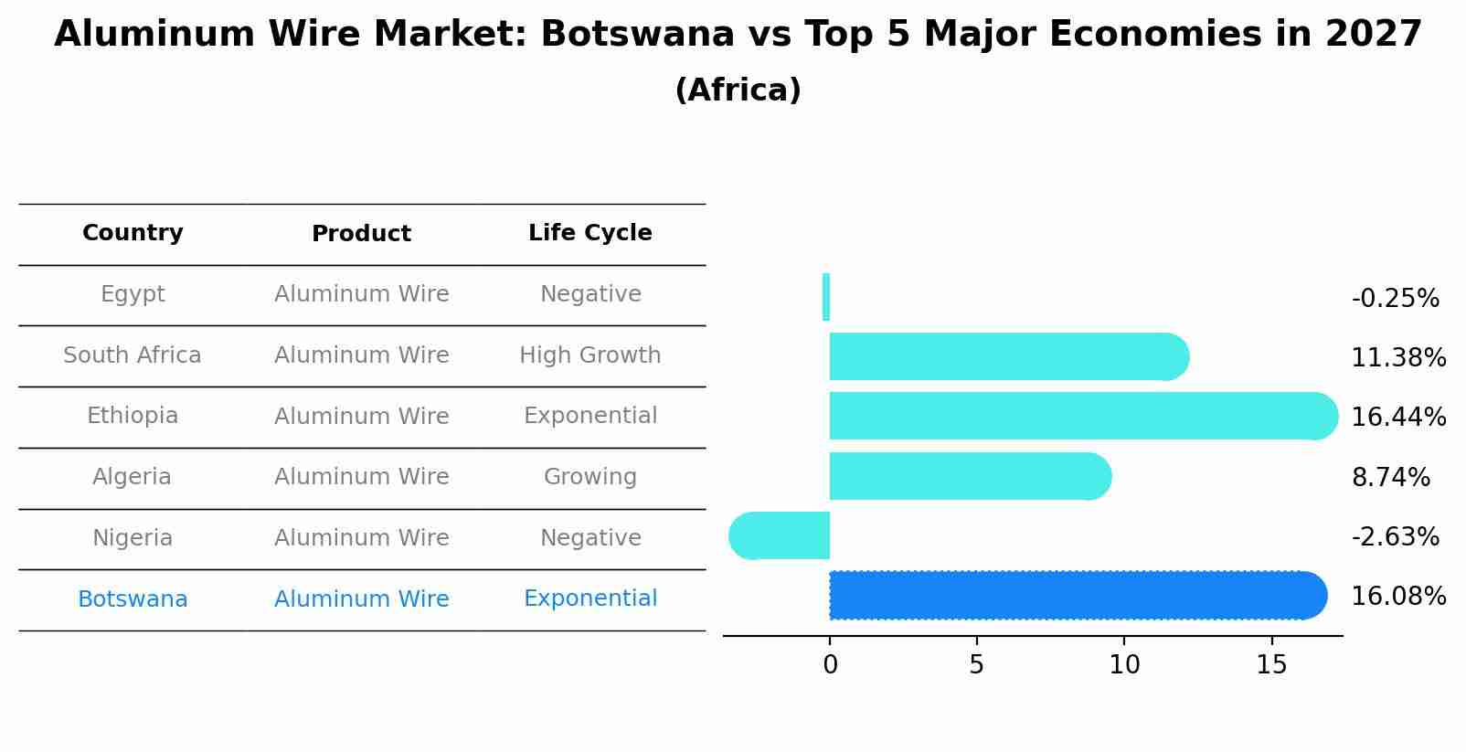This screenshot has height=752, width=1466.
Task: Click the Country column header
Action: (x=133, y=233)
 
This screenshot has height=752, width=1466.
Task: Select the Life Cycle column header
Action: (x=590, y=233)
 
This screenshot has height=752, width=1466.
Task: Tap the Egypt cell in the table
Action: (x=133, y=294)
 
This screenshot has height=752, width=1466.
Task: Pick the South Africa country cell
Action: (x=133, y=355)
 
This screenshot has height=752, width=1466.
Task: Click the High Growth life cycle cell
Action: (x=590, y=355)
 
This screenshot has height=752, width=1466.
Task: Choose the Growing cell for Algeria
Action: (x=590, y=477)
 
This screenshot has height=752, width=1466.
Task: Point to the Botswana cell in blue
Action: (x=133, y=599)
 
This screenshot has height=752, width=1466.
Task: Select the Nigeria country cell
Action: (x=133, y=538)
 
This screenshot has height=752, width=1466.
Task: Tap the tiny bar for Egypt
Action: (x=826, y=297)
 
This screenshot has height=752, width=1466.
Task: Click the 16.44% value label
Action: (x=1397, y=418)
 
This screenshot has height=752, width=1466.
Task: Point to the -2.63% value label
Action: (x=1395, y=537)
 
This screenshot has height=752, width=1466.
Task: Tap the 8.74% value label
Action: (x=1390, y=478)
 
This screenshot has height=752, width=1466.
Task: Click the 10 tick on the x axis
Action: (x=1124, y=665)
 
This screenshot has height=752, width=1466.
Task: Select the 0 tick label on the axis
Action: (x=830, y=665)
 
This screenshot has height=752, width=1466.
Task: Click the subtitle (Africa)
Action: (x=738, y=90)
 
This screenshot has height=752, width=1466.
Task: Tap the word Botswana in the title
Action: (x=637, y=35)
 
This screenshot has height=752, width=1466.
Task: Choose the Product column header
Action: (x=361, y=234)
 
